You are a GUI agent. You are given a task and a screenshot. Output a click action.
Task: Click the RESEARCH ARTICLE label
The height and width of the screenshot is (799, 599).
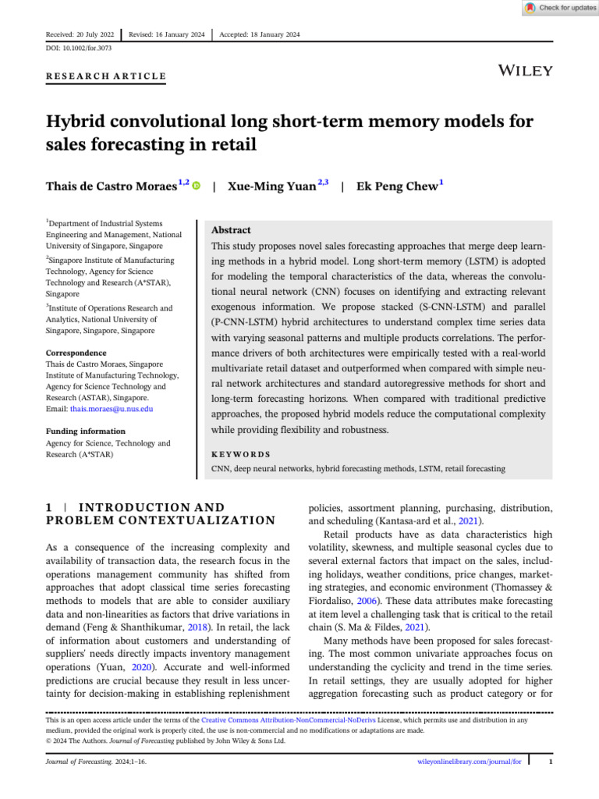click(106, 76)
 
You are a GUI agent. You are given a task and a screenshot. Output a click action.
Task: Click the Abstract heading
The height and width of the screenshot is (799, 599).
click(232, 230)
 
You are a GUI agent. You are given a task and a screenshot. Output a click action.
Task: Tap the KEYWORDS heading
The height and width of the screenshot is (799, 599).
click(241, 453)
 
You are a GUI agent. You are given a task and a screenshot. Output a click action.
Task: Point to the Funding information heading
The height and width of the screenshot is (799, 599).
click(85, 431)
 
